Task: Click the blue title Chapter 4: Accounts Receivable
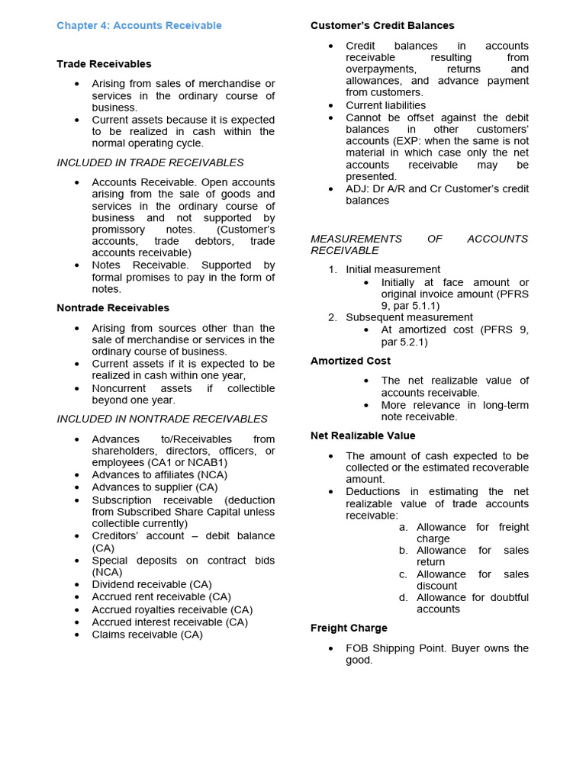tap(139, 26)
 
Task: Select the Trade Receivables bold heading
tap(104, 64)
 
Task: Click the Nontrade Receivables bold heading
tap(113, 308)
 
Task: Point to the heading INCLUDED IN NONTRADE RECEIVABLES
tap(162, 419)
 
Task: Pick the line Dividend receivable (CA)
tap(152, 585)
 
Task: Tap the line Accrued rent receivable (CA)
tap(161, 597)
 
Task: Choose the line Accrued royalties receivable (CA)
tap(172, 609)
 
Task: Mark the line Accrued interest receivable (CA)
tap(169, 622)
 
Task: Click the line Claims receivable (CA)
tap(147, 635)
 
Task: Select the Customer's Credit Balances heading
tap(382, 26)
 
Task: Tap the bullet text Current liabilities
tap(385, 105)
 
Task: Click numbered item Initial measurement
tap(392, 269)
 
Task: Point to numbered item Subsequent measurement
tap(409, 317)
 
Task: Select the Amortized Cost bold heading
tap(350, 361)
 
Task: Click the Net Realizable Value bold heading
tap(362, 435)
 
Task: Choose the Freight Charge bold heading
tap(349, 628)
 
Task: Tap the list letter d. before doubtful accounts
tap(403, 598)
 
